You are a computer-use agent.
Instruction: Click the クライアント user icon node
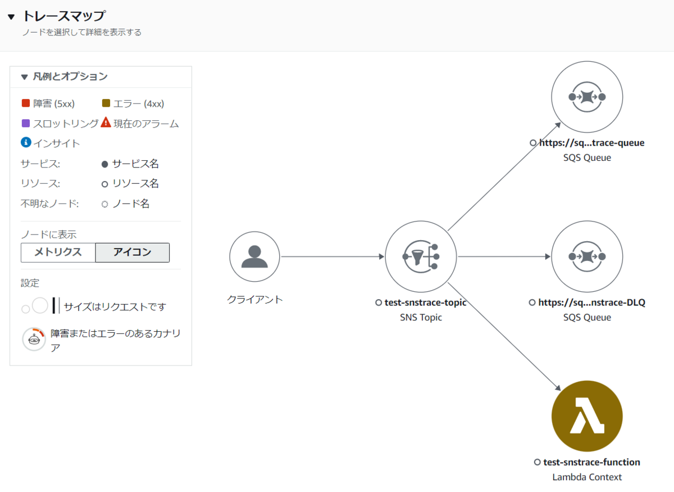254,256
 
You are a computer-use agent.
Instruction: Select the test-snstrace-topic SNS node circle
421,256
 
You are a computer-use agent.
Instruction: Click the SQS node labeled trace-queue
587,97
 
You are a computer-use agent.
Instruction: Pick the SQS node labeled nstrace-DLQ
587,256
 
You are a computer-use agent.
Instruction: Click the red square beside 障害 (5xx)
25,103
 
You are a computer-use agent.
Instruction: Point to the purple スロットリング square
25,123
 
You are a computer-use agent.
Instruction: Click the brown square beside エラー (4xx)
106,103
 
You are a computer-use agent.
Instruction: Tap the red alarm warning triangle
106,123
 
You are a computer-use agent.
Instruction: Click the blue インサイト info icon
26,143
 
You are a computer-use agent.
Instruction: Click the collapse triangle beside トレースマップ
11,17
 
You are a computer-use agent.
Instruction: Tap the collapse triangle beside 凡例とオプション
24,77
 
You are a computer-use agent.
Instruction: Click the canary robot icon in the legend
34,339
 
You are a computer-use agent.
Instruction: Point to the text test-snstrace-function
591,462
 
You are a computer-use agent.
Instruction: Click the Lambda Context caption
587,477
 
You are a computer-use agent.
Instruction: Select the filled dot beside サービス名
104,164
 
